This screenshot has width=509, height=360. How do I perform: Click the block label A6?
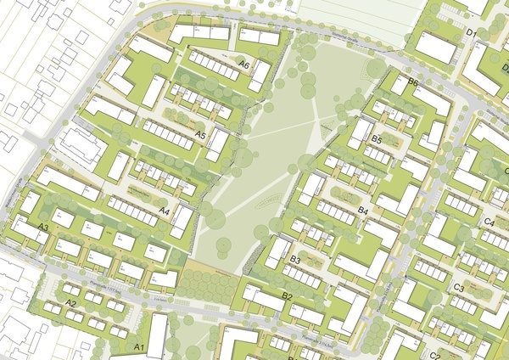click(x=243, y=65)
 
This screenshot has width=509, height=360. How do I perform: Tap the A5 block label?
click(x=201, y=135)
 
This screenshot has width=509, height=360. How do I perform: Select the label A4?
click(x=165, y=210)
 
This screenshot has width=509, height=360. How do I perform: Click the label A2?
click(x=71, y=303)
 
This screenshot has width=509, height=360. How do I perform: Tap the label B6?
click(x=412, y=82)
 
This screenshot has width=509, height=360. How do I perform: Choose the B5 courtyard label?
click(x=378, y=138)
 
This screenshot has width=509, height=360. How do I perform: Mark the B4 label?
click(x=363, y=210)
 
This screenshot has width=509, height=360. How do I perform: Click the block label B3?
click(x=296, y=259)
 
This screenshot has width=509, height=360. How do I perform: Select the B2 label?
click(x=287, y=296)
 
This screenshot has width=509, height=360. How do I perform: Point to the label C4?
click(x=489, y=222)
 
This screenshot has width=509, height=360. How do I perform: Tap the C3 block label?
click(x=458, y=288)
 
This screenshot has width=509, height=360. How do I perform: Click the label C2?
click(x=434, y=354)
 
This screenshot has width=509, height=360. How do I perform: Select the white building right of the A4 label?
click(x=182, y=222)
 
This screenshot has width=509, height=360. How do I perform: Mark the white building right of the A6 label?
click(x=260, y=76)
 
